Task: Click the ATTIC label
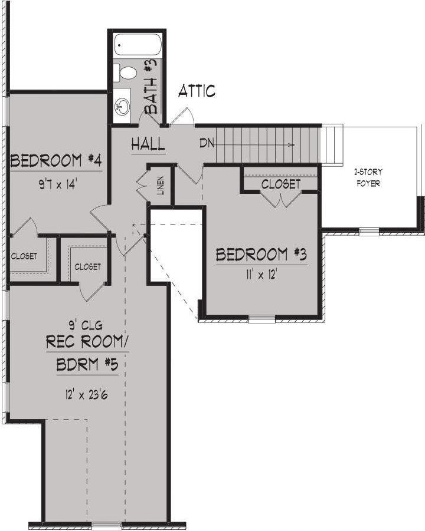pos(197,91)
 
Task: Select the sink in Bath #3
pos(122,106)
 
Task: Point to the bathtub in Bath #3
pos(137,45)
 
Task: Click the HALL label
pos(148,144)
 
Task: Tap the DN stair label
pos(207,144)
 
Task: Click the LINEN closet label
pos(161,185)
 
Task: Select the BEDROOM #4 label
pos(56,160)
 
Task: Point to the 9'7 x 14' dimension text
pos(58,184)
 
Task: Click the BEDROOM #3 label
pos(261,254)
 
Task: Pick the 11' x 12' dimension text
pos(262,275)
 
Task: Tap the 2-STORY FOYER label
pos(368,177)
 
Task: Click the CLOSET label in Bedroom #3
pos(281,184)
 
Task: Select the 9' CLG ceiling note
pos(85,325)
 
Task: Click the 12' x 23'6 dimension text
pos(87,394)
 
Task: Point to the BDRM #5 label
pos(87,365)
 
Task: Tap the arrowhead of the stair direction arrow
pos(292,145)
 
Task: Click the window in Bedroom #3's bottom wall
pos(261,318)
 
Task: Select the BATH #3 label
pos(151,86)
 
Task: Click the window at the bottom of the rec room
pos(106,525)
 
